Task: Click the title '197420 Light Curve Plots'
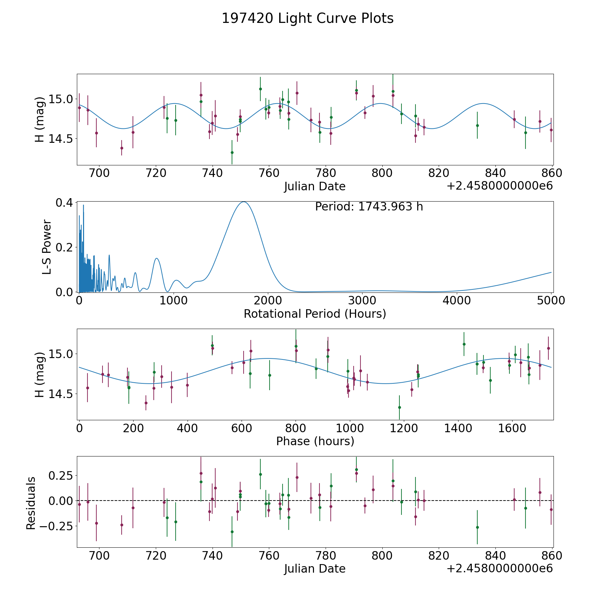pos(307,18)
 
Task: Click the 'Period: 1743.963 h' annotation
pos(369,207)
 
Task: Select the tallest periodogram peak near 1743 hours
pos(244,202)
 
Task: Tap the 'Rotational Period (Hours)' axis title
pos(315,314)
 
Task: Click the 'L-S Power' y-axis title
pos(47,247)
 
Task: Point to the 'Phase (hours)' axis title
pos(315,441)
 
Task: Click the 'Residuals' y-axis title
pos(31,503)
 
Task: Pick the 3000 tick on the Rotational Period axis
pos(362,301)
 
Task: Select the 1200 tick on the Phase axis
pos(404,428)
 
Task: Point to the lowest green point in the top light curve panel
pos(232,152)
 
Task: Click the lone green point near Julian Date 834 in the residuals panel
pos(477,527)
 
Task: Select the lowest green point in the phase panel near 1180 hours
pos(399,407)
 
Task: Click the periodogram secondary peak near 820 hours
pos(156,258)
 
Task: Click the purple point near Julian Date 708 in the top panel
pos(122,148)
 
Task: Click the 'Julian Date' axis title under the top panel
pos(315,187)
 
